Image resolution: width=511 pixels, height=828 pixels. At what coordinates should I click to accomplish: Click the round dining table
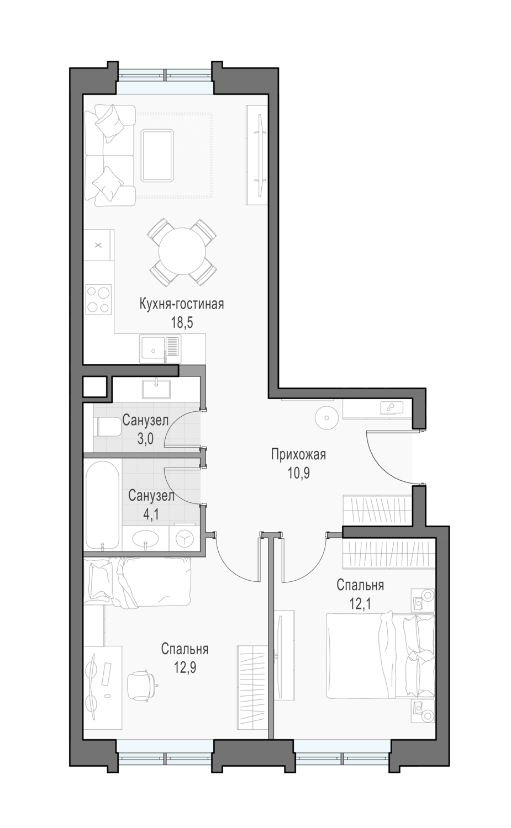182,251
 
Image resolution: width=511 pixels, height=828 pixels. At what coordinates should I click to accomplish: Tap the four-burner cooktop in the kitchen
98,299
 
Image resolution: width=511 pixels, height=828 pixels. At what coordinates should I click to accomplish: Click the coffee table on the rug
157,155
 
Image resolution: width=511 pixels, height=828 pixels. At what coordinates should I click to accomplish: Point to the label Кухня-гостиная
182,304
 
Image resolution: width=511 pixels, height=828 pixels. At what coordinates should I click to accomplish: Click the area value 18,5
182,323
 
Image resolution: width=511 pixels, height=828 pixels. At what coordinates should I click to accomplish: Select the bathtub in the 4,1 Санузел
103,504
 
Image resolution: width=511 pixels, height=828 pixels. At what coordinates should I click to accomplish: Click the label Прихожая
298,454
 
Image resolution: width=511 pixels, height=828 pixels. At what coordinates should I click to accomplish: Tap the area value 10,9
299,473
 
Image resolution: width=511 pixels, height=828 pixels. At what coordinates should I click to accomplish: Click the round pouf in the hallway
326,418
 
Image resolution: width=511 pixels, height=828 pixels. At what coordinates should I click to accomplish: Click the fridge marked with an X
98,245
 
